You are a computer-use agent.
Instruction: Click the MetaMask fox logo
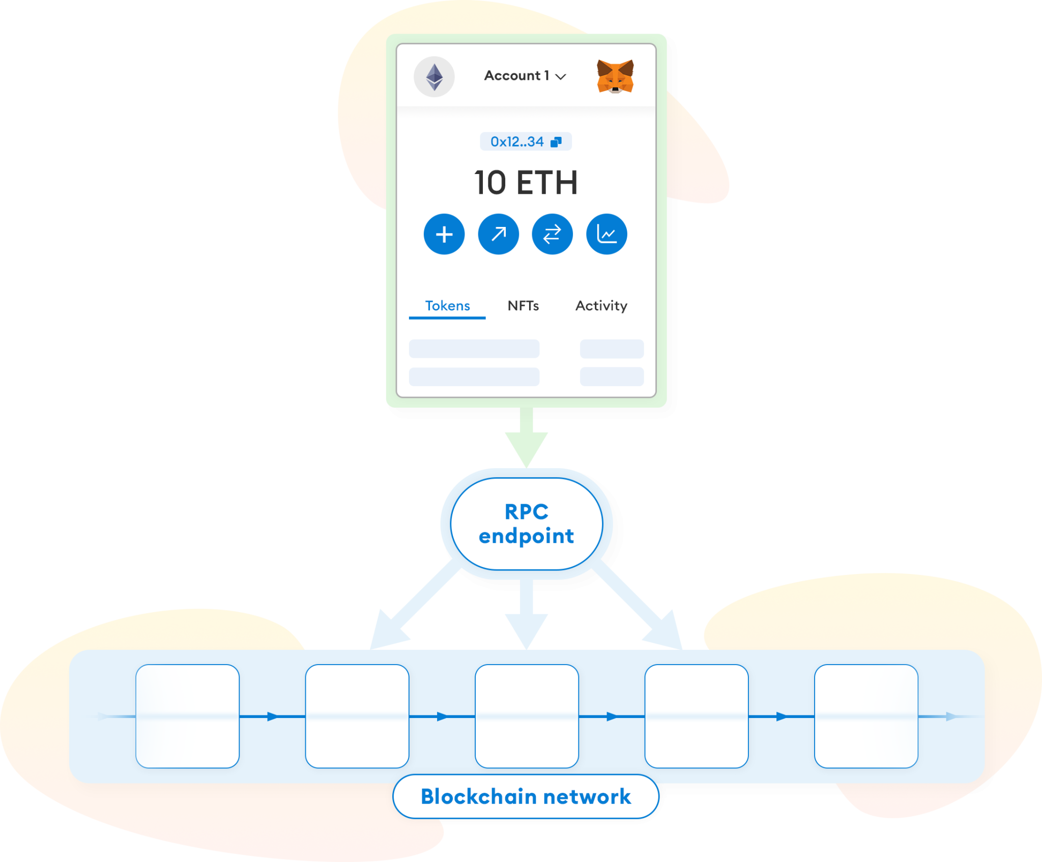pyautogui.click(x=615, y=76)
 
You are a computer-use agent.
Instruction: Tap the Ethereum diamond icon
pyautogui.click(x=434, y=77)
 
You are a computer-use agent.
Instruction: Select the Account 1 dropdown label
pyautogui.click(x=525, y=76)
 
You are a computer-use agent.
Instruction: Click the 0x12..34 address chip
pyautogui.click(x=526, y=141)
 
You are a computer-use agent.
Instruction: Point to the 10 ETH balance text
pyautogui.click(x=526, y=183)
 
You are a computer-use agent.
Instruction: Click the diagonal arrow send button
pyautogui.click(x=498, y=234)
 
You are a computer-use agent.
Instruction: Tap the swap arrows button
pyautogui.click(x=552, y=234)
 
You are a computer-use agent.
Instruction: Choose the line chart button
pyautogui.click(x=606, y=234)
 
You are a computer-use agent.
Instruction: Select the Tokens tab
pyautogui.click(x=447, y=306)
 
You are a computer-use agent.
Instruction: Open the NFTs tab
pyautogui.click(x=523, y=306)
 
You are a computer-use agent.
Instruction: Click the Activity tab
pyautogui.click(x=601, y=306)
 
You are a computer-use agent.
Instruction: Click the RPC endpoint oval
pyautogui.click(x=527, y=524)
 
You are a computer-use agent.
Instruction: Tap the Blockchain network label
pyautogui.click(x=526, y=796)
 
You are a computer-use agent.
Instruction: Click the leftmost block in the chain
pyautogui.click(x=188, y=716)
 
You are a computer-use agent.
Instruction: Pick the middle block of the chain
pyautogui.click(x=527, y=716)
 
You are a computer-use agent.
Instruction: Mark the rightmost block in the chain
pyautogui.click(x=866, y=716)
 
